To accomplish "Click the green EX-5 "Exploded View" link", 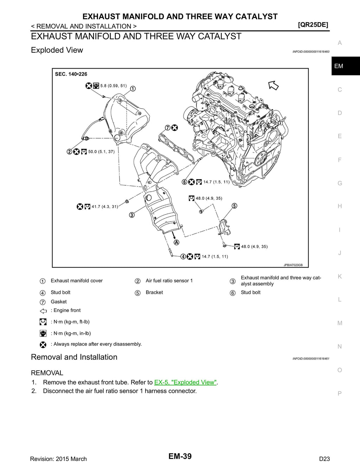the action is click(185, 382).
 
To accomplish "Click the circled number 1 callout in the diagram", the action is click(133, 89).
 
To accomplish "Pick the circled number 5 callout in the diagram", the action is click(234, 206).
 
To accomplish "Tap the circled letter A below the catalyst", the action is click(176, 243).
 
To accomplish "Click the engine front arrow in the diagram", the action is click(274, 85).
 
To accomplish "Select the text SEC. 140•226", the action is click(71, 74).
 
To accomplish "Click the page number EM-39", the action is click(180, 456).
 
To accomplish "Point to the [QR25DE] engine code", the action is click(313, 25).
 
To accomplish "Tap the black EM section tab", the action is click(346, 66).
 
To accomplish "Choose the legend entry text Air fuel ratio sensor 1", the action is click(169, 281).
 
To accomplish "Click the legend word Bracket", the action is click(154, 292).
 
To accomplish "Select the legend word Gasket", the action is click(59, 302).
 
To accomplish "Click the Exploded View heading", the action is click(57, 50).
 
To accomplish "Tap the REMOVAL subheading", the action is click(47, 373).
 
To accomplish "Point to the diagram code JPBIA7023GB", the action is click(293, 265).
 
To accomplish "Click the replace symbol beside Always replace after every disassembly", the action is click(43, 345).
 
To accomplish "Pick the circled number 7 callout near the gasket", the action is click(168, 128).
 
